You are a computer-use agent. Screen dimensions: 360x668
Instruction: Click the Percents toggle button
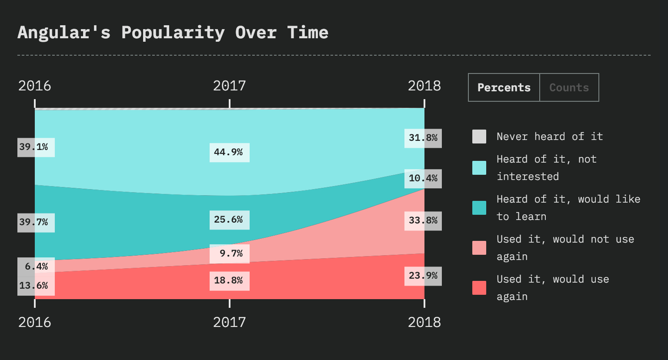point(504,87)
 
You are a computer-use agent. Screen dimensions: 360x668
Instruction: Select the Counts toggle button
point(569,87)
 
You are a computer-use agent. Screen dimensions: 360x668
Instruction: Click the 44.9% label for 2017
point(229,152)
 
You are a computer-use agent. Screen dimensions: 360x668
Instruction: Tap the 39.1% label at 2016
point(36,147)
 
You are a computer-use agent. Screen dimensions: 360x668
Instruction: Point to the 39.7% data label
point(36,223)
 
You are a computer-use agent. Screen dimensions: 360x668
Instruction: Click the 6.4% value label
point(36,267)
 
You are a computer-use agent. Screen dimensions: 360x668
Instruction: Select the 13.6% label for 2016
point(36,286)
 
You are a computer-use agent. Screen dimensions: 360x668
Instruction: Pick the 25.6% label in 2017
point(229,220)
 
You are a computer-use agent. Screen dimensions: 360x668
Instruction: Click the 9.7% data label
point(229,253)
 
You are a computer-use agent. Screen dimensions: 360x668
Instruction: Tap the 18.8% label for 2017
point(229,281)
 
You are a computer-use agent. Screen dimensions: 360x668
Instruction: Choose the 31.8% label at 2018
point(423,138)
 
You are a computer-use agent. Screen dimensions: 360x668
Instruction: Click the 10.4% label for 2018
point(423,178)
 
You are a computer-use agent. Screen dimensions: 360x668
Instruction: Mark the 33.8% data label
point(423,220)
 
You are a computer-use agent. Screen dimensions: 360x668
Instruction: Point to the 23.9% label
point(423,276)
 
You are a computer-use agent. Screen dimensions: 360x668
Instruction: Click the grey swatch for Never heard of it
point(479,137)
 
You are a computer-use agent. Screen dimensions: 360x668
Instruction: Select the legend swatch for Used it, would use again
point(479,288)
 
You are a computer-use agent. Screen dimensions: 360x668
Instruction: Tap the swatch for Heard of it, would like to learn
point(479,208)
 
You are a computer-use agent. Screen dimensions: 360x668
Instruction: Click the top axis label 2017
point(229,86)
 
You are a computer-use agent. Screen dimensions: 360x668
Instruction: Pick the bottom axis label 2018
point(424,322)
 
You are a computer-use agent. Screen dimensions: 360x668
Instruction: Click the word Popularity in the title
point(173,33)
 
